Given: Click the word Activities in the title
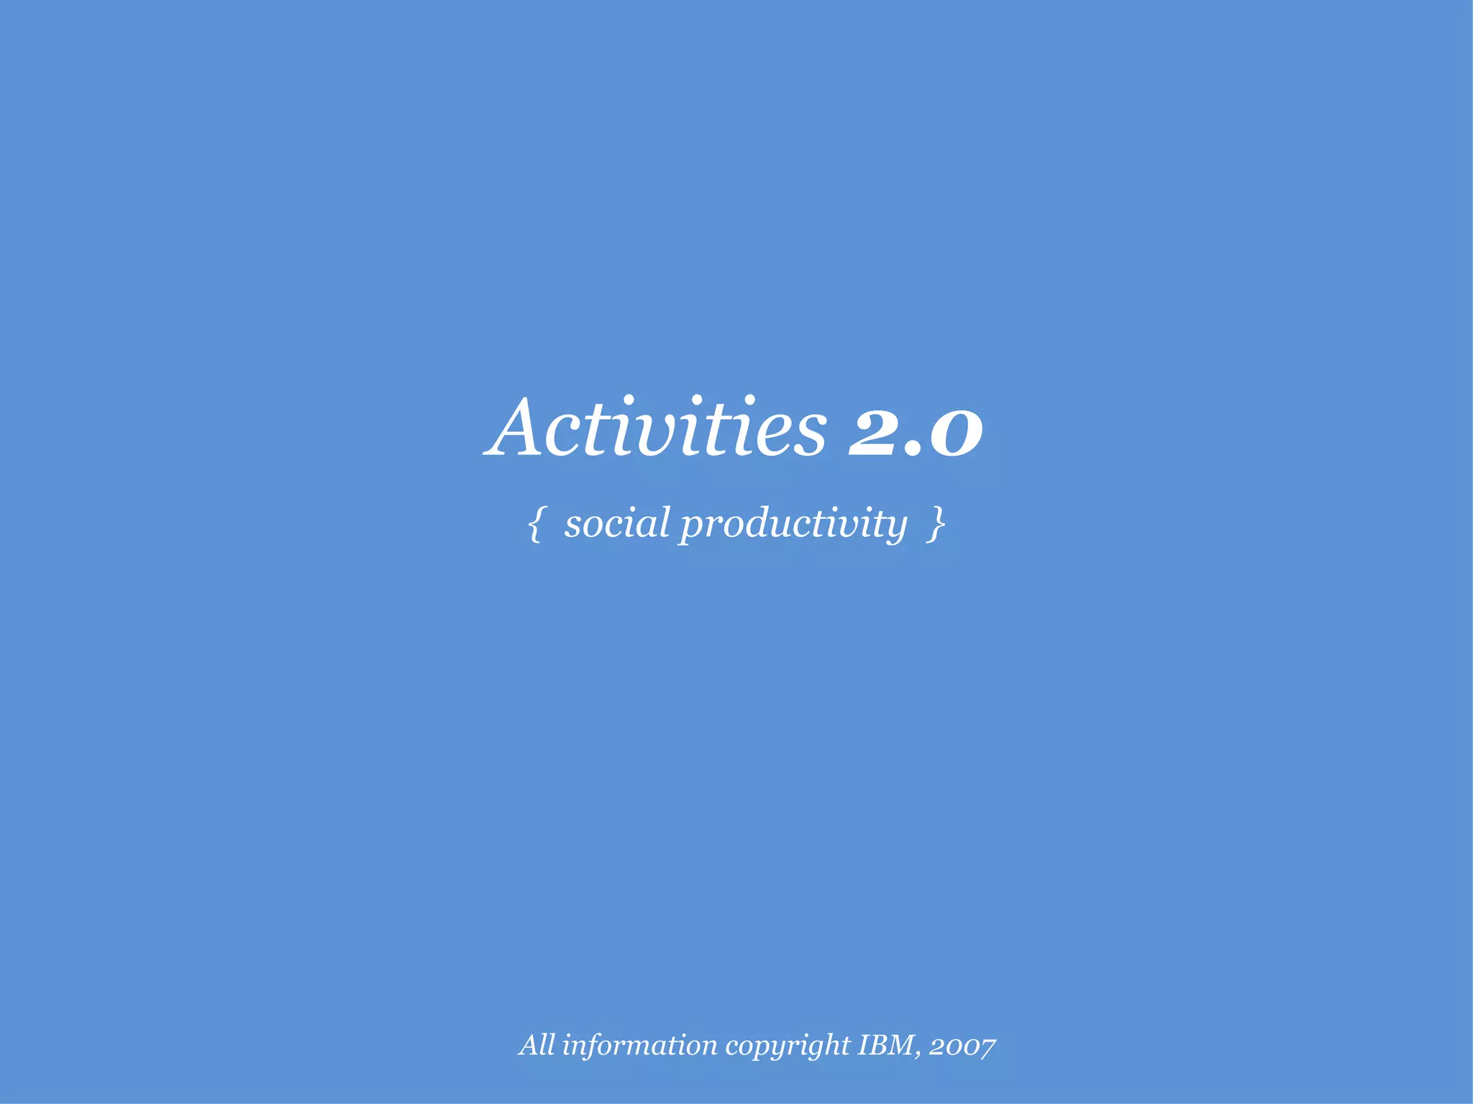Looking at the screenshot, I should tap(656, 429).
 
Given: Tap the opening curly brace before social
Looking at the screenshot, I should tap(534, 524).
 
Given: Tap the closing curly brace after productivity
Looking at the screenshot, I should tap(936, 524).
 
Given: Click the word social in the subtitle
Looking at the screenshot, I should tap(617, 523).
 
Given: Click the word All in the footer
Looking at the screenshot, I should tap(537, 1045).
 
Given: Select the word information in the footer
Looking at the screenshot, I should tap(639, 1045).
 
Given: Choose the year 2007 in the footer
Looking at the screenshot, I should tap(962, 1046).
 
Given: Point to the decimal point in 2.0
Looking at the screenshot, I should tap(911, 450).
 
